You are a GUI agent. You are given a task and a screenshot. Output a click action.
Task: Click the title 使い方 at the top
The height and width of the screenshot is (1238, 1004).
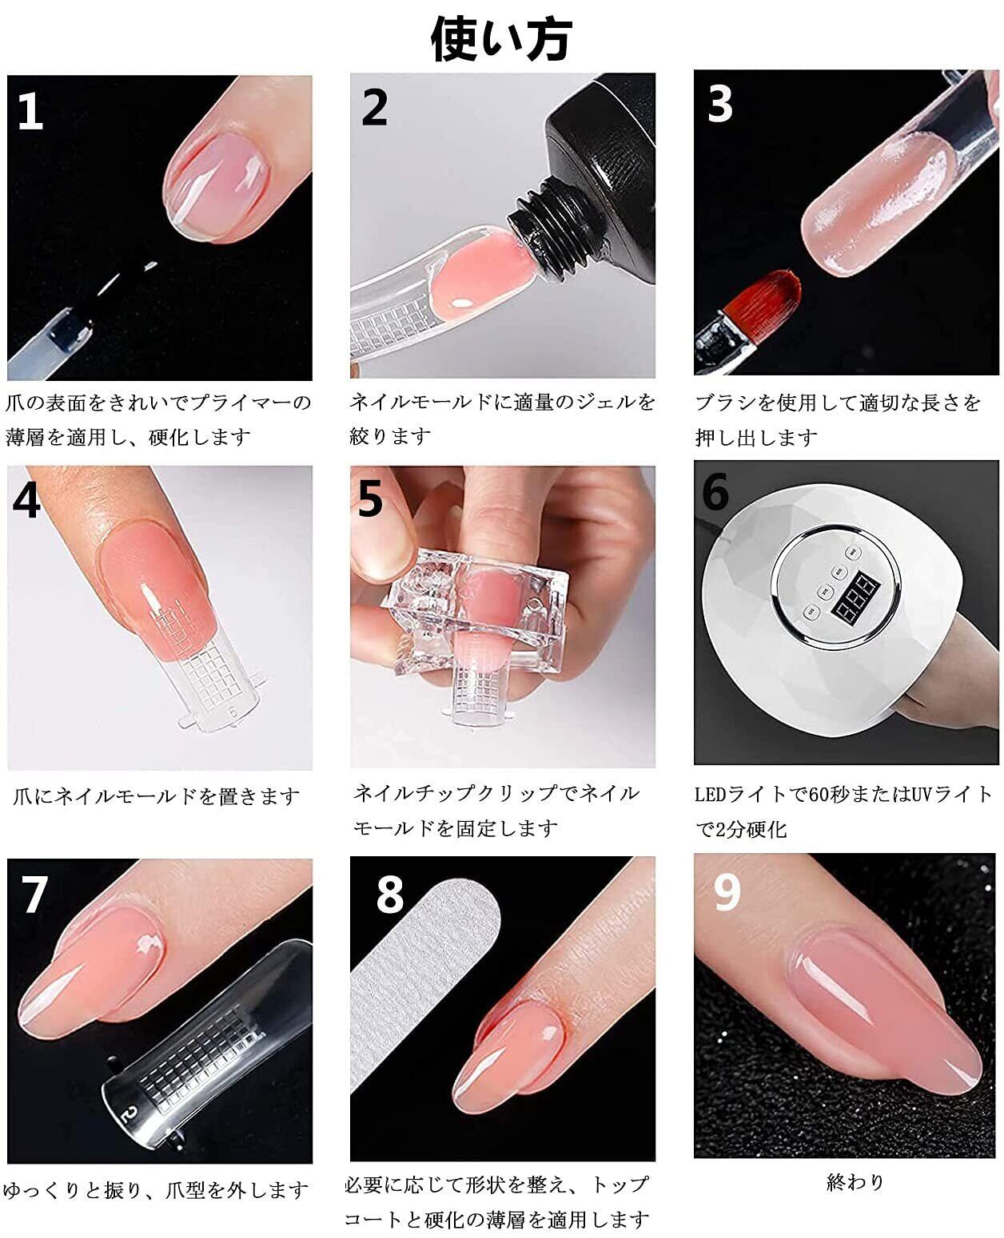(x=501, y=39)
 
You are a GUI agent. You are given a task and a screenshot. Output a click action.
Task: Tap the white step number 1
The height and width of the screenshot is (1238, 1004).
(x=31, y=111)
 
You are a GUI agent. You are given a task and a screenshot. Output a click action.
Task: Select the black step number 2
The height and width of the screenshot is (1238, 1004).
(x=374, y=107)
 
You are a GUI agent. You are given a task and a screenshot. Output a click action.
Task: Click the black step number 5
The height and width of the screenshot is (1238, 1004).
(x=371, y=498)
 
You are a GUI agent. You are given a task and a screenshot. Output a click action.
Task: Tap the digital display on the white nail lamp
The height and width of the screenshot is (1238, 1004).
(x=854, y=595)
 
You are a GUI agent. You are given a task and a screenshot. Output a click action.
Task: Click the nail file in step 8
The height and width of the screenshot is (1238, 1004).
(x=424, y=983)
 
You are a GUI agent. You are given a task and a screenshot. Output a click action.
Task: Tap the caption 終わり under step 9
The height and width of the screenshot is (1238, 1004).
(x=855, y=1181)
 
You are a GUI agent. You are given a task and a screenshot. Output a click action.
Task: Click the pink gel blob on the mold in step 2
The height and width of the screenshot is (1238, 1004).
(x=483, y=273)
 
